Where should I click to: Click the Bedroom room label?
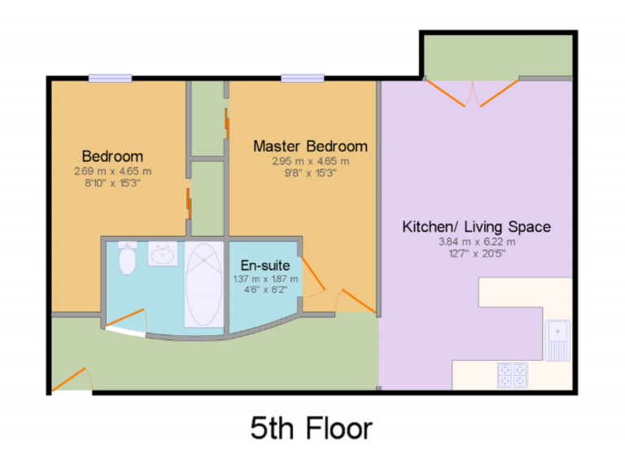coord(113,156)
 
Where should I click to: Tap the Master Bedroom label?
coord(310,147)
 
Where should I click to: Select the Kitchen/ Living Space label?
coord(477,226)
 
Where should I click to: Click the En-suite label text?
coord(265,265)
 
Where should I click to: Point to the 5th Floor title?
coord(311,427)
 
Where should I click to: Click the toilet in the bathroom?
coord(127,258)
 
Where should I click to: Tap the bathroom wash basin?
coord(164,255)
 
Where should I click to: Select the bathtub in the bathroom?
coord(203,283)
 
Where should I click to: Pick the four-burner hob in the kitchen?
coord(513,375)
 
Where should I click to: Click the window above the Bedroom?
coord(111,78)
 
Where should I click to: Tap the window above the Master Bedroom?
coord(303,78)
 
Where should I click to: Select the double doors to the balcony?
coord(472,92)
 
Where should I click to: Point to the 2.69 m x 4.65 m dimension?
coord(113,172)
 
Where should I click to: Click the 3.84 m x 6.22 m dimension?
coord(477,242)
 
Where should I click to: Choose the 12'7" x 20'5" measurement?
coord(477,253)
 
